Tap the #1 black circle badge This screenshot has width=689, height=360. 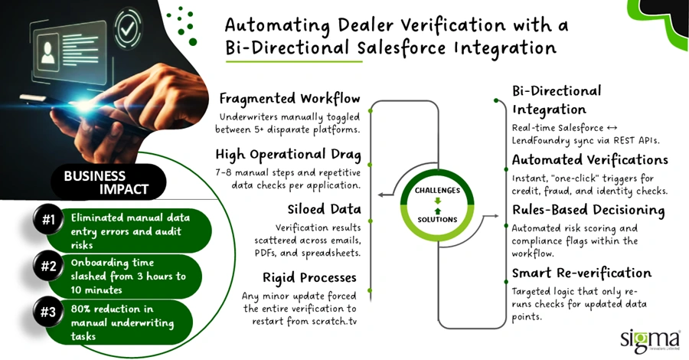click(x=48, y=219)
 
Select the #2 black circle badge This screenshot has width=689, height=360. click(x=48, y=266)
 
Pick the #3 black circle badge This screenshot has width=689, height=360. click(x=48, y=312)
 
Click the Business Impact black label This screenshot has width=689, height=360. click(x=109, y=182)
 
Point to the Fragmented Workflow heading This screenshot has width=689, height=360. click(x=289, y=99)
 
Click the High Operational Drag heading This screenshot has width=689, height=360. click(x=288, y=154)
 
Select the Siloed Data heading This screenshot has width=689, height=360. click(x=325, y=209)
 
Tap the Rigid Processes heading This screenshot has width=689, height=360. click(x=309, y=278)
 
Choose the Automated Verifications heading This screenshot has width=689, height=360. click(x=589, y=159)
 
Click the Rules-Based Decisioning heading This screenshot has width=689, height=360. click(x=588, y=210)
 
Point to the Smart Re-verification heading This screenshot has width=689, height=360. click(x=581, y=273)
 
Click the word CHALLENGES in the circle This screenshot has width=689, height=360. click(x=437, y=190)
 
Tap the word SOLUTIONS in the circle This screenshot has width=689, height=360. click(x=437, y=219)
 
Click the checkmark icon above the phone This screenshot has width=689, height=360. click(x=128, y=28)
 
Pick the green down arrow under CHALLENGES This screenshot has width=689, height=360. click(x=438, y=201)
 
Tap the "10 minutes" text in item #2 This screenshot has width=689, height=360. click(x=96, y=290)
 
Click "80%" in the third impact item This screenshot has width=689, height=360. click(x=81, y=309)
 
